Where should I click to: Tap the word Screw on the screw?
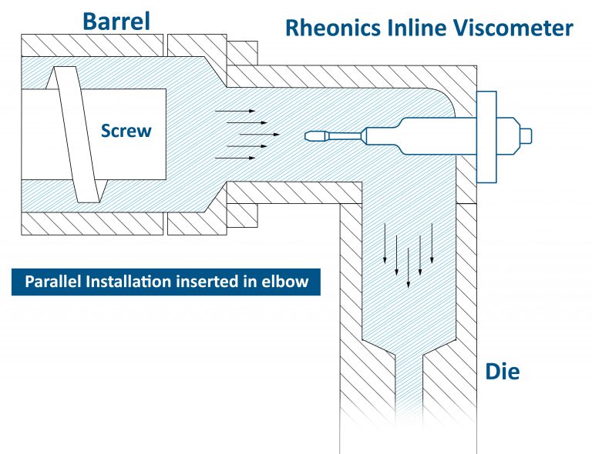tap(126, 132)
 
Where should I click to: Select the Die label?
tap(502, 373)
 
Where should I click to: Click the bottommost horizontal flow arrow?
tap(235, 158)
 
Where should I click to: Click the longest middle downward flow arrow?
tap(408, 258)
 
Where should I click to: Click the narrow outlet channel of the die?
tap(408, 400)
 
